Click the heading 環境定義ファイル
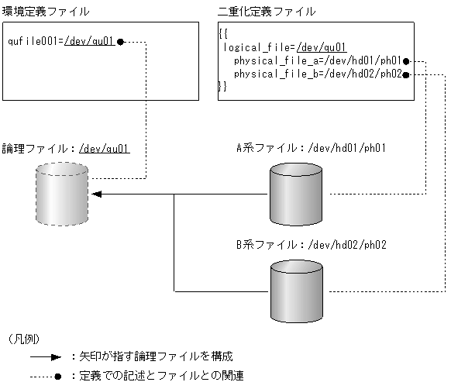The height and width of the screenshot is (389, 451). point(46,11)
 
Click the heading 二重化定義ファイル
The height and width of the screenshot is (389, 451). point(267,11)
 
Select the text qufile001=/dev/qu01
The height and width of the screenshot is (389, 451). point(60,41)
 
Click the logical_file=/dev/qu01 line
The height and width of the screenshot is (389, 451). point(284,47)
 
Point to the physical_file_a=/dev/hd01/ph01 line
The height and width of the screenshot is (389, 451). point(316,60)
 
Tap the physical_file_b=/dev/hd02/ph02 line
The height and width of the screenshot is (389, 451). point(316,74)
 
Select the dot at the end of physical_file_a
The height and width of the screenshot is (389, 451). point(405,60)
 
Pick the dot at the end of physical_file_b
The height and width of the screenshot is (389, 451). point(405,74)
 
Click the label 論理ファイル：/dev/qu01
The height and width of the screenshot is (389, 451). point(65,147)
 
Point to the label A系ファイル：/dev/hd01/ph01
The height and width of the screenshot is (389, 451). point(311,147)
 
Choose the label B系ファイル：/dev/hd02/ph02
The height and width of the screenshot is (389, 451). point(311,244)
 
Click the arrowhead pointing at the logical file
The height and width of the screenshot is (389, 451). point(99,194)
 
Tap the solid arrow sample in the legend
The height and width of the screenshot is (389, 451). point(45,358)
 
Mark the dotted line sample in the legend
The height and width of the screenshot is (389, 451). point(45,376)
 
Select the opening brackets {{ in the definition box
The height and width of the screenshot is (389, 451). point(223,34)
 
